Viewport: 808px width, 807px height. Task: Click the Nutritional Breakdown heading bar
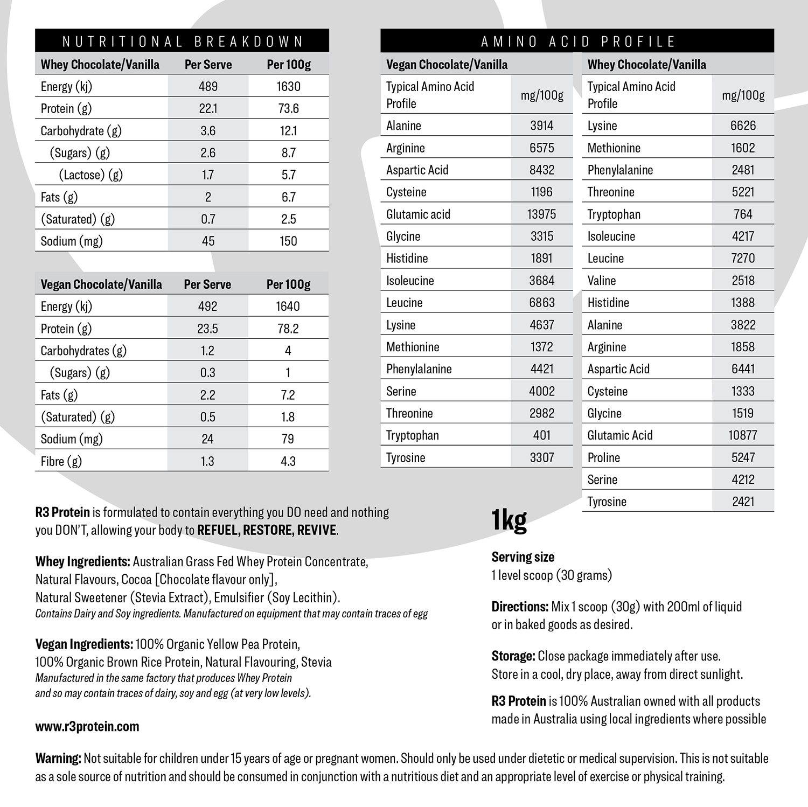tap(182, 41)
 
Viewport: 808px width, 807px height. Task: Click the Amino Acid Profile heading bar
tap(577, 41)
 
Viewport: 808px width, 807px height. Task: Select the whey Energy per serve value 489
tap(208, 87)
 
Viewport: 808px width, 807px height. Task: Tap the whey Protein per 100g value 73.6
tap(288, 109)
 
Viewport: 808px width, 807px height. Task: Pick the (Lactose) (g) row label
tap(90, 175)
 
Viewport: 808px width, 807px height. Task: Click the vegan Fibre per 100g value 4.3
tap(288, 461)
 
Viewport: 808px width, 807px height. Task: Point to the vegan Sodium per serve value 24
tap(207, 439)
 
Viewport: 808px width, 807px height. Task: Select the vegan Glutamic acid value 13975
tap(541, 214)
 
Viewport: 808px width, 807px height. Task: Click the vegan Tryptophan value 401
tap(541, 435)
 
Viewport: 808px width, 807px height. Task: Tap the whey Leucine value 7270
tap(742, 259)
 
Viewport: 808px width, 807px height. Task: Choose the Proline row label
tap(603, 458)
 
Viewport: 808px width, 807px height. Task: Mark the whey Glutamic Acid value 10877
tap(742, 435)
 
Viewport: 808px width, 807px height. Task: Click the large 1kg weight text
tap(509, 520)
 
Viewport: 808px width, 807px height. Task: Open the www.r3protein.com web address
tap(87, 727)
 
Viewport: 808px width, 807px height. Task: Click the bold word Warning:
tap(58, 759)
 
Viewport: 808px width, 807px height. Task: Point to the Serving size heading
tap(523, 557)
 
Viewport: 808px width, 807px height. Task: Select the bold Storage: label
tap(513, 656)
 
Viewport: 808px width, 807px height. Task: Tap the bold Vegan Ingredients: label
tap(84, 644)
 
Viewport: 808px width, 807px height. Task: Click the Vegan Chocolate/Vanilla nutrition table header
tap(101, 284)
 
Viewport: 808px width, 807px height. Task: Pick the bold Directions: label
tap(519, 607)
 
